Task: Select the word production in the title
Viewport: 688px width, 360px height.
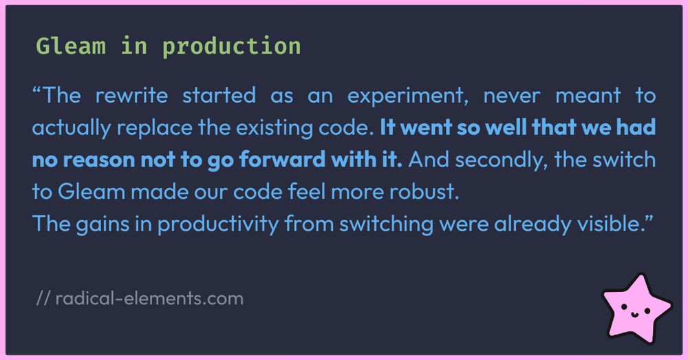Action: point(232,46)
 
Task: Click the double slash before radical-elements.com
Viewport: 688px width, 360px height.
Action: point(42,299)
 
